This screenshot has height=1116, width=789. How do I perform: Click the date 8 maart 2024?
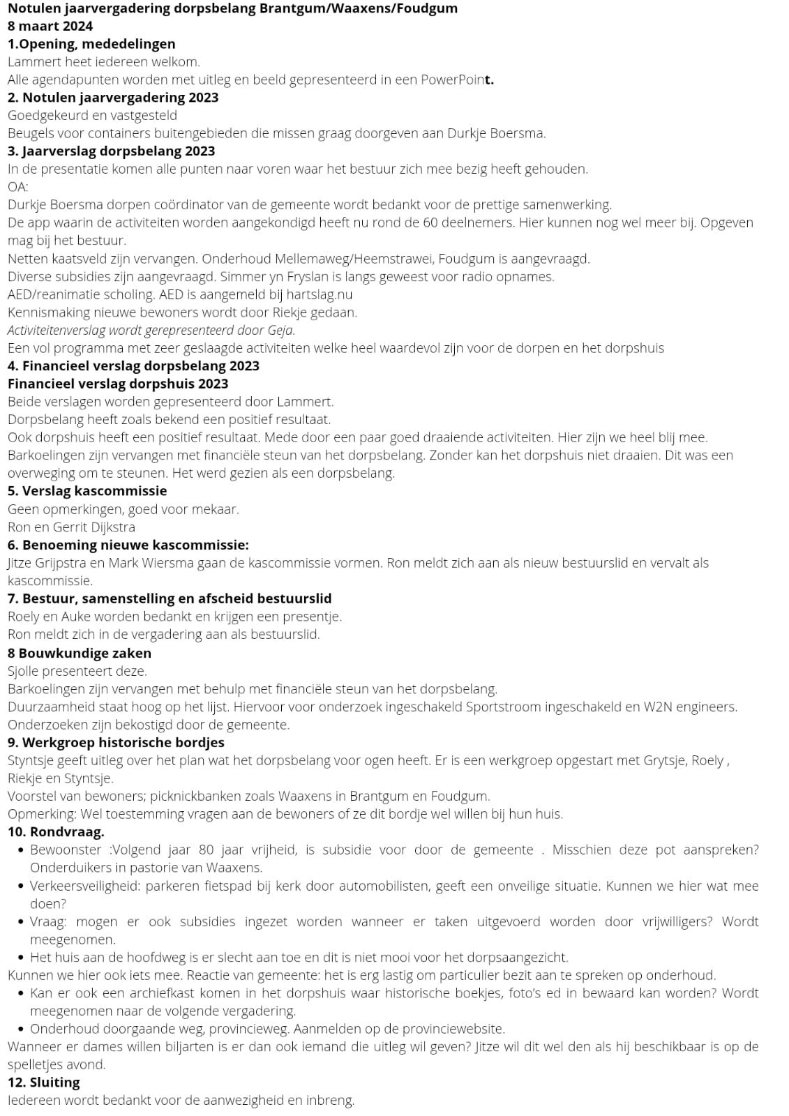[x=50, y=27]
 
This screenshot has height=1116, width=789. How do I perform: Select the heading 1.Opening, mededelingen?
[x=91, y=44]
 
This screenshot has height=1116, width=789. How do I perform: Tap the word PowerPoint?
[x=457, y=80]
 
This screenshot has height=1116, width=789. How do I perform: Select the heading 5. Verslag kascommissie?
[x=87, y=490]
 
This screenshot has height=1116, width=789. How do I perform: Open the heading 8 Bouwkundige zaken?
[x=80, y=653]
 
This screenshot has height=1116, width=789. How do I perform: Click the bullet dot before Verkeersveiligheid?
[x=22, y=886]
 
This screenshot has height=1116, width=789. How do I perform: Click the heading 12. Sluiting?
[x=44, y=1083]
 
